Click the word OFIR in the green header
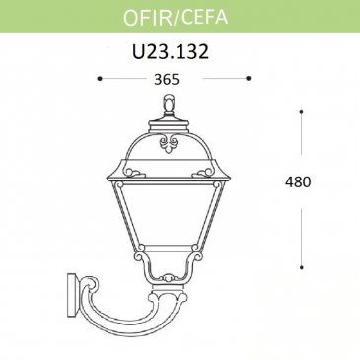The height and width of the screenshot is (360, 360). [x=147, y=16]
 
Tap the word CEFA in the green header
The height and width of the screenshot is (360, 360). [x=204, y=16]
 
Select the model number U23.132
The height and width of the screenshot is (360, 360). [x=171, y=51]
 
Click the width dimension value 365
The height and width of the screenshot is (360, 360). [x=167, y=79]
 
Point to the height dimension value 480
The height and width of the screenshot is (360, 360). [x=298, y=181]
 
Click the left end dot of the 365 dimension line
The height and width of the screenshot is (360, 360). [x=100, y=79]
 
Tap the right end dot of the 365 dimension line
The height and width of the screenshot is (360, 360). [x=249, y=78]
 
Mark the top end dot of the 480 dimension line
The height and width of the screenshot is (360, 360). [x=301, y=112]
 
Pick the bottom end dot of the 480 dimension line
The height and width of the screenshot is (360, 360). [x=302, y=267]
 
